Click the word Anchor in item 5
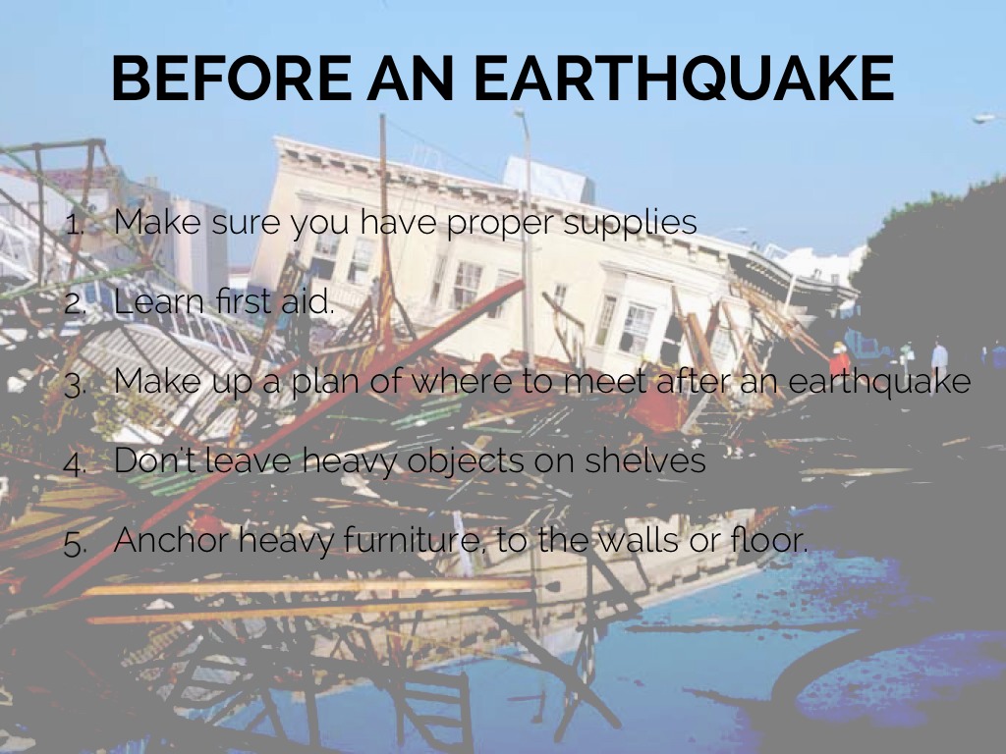(x=173, y=539)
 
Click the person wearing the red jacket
(x=839, y=360)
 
